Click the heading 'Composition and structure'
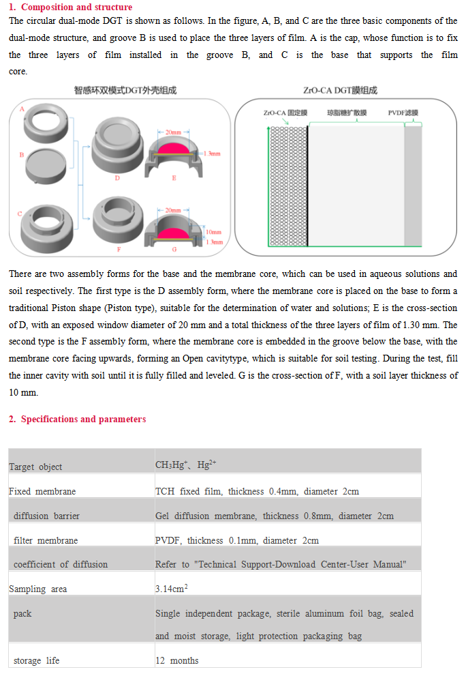tap(75, 8)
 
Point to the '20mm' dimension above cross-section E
tap(173, 131)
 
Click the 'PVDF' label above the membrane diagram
tap(403, 113)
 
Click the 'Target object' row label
tap(35, 467)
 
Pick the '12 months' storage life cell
tap(177, 660)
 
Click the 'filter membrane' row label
tap(46, 540)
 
